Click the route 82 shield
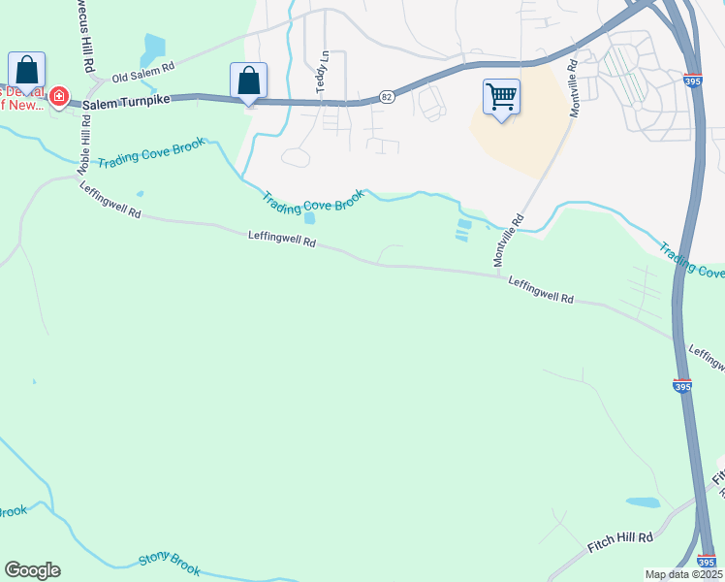(x=387, y=96)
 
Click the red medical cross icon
(x=59, y=97)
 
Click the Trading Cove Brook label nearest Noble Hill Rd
(x=150, y=155)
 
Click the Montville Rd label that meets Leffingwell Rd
(x=509, y=241)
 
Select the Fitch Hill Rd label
(x=620, y=542)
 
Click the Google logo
(x=32, y=570)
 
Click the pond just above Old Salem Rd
(x=153, y=46)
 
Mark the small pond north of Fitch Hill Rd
(x=642, y=502)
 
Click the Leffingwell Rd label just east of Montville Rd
(x=541, y=292)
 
